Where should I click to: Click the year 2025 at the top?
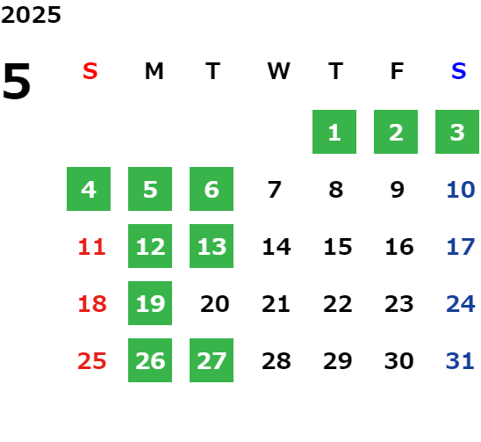pos(31,15)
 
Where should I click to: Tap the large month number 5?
pos(17,81)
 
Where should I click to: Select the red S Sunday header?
pos(90,71)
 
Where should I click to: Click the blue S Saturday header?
pos(458,71)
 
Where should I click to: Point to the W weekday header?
pos(278,71)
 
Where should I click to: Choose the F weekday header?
pos(397,71)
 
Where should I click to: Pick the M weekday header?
pos(154,71)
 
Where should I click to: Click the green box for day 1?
pos(334,132)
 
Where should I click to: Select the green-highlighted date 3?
pos(457,132)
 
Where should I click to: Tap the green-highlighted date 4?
pos(89,189)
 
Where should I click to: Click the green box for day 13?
pos(212,246)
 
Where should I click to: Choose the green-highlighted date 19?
pos(150,303)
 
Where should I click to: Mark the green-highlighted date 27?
pos(212,360)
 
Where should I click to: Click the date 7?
pos(274,190)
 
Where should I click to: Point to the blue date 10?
pos(461,190)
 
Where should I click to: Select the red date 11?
pos(91,247)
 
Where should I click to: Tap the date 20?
pos(215,304)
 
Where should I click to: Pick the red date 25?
pos(92,361)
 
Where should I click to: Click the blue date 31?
pos(460,361)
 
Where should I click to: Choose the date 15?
pos(338,247)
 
